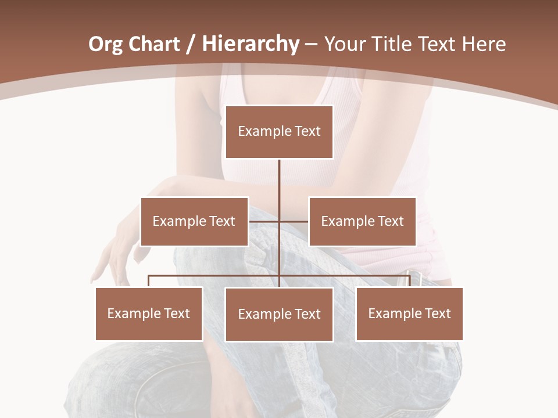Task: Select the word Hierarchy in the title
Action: tap(251, 44)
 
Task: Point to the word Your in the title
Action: tap(342, 44)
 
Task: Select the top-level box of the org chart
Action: tap(279, 132)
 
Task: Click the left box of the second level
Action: tap(194, 221)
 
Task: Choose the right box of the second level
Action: tap(362, 221)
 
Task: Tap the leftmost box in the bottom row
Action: tap(149, 313)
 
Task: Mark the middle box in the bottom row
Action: tap(279, 314)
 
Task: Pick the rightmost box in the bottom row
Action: tap(409, 313)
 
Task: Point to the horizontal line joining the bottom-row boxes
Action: tap(215, 276)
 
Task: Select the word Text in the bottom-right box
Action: tap(437, 313)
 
